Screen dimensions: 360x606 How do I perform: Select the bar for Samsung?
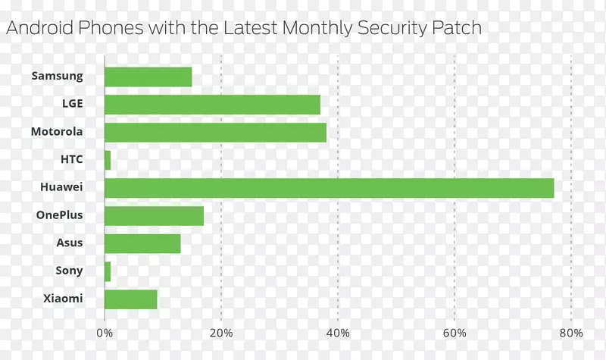click(x=148, y=77)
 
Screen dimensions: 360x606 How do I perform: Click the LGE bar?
click(x=212, y=105)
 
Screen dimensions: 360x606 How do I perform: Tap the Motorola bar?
click(x=215, y=133)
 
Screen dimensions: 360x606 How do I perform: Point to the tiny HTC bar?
click(x=108, y=160)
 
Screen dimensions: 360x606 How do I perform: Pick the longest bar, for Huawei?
click(x=329, y=188)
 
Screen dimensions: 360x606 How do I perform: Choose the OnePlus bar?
click(x=154, y=216)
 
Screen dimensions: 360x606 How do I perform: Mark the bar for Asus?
click(x=142, y=243)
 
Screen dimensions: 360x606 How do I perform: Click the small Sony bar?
click(x=108, y=271)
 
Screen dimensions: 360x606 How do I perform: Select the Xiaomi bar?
click(x=130, y=299)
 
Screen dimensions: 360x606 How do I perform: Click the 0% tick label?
click(x=105, y=333)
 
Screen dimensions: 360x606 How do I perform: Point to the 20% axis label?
click(x=221, y=333)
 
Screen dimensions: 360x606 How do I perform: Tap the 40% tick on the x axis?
click(x=338, y=333)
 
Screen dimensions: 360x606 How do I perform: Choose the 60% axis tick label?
click(x=454, y=333)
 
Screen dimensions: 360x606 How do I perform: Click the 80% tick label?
click(x=571, y=333)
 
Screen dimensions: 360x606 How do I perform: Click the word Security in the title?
click(x=393, y=29)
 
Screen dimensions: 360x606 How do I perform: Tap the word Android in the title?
click(x=38, y=29)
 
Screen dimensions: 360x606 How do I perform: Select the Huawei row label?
click(x=61, y=187)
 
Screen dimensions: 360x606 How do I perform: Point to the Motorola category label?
click(x=57, y=132)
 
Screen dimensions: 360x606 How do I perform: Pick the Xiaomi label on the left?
click(x=63, y=299)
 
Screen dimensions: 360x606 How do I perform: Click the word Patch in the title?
click(x=457, y=29)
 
